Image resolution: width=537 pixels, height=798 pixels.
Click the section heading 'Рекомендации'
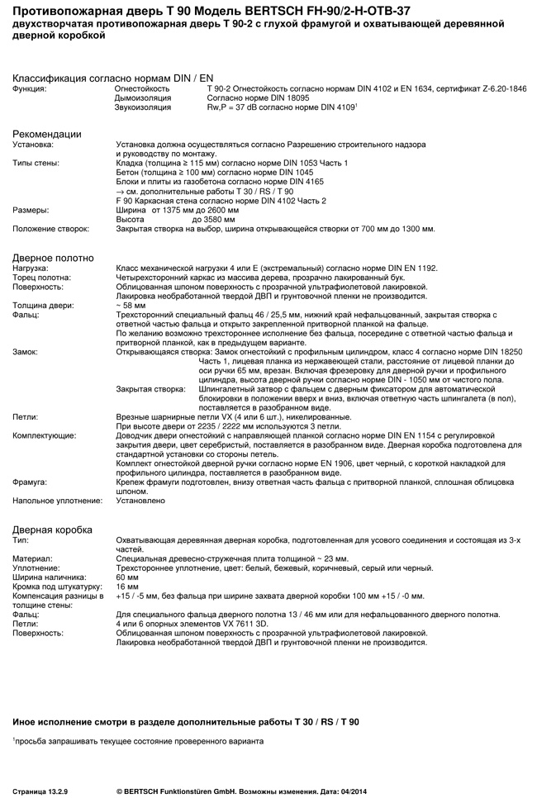click(x=46, y=134)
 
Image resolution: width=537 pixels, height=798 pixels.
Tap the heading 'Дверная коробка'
click(x=52, y=530)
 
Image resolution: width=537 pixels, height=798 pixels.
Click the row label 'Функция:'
click(x=29, y=88)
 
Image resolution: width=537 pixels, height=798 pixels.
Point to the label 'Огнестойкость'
click(x=141, y=88)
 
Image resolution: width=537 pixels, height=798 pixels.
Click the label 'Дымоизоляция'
click(x=143, y=97)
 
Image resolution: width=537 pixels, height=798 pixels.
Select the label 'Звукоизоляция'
click(x=142, y=107)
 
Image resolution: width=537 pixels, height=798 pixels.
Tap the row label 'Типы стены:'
click(x=36, y=163)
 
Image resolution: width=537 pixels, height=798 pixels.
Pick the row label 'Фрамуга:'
click(x=30, y=480)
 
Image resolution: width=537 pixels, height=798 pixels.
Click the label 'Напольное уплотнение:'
click(x=51, y=500)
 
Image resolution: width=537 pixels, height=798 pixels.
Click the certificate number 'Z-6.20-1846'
click(x=504, y=88)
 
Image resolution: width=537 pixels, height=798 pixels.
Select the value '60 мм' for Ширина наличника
click(x=127, y=577)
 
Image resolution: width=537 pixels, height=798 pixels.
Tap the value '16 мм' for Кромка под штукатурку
click(x=127, y=586)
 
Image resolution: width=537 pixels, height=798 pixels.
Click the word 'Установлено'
click(x=143, y=500)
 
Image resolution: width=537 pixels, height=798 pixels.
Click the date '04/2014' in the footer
click(x=352, y=791)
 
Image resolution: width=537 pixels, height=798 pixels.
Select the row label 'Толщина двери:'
click(x=42, y=306)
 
